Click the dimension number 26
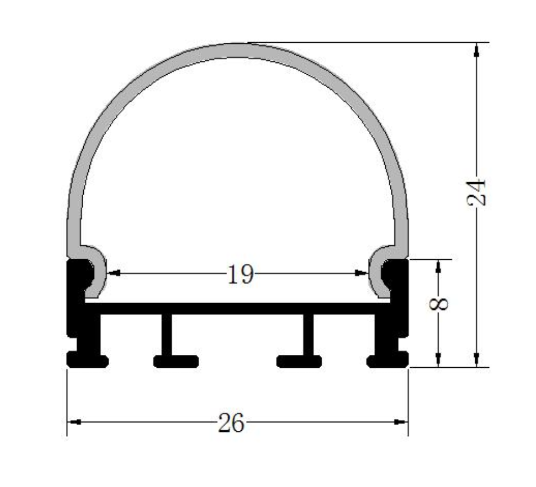[231, 422]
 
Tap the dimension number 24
[476, 192]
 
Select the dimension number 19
[240, 274]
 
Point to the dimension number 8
[441, 303]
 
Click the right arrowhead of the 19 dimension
[361, 274]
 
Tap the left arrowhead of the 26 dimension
[74, 422]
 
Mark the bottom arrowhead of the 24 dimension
[476, 360]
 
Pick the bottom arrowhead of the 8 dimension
[439, 360]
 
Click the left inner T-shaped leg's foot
[175, 360]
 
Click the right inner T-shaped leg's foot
[299, 360]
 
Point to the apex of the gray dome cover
[237, 50]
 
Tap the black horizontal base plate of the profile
[236, 308]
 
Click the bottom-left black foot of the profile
[87, 359]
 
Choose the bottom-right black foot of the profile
[388, 359]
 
